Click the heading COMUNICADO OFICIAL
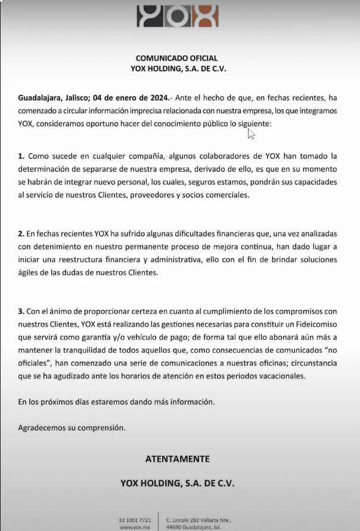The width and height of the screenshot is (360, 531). pyautogui.click(x=177, y=58)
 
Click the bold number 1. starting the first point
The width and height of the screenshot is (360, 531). pyautogui.click(x=21, y=156)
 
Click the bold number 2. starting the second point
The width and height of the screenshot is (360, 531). pyautogui.click(x=21, y=234)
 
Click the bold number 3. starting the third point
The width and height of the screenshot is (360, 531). pyautogui.click(x=21, y=311)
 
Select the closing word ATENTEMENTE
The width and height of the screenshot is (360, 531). pyautogui.click(x=178, y=459)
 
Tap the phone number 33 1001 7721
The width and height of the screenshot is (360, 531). pyautogui.click(x=134, y=520)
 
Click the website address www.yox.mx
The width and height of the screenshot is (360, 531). pyautogui.click(x=134, y=527)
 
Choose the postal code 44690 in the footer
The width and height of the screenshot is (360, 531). pyautogui.click(x=175, y=527)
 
